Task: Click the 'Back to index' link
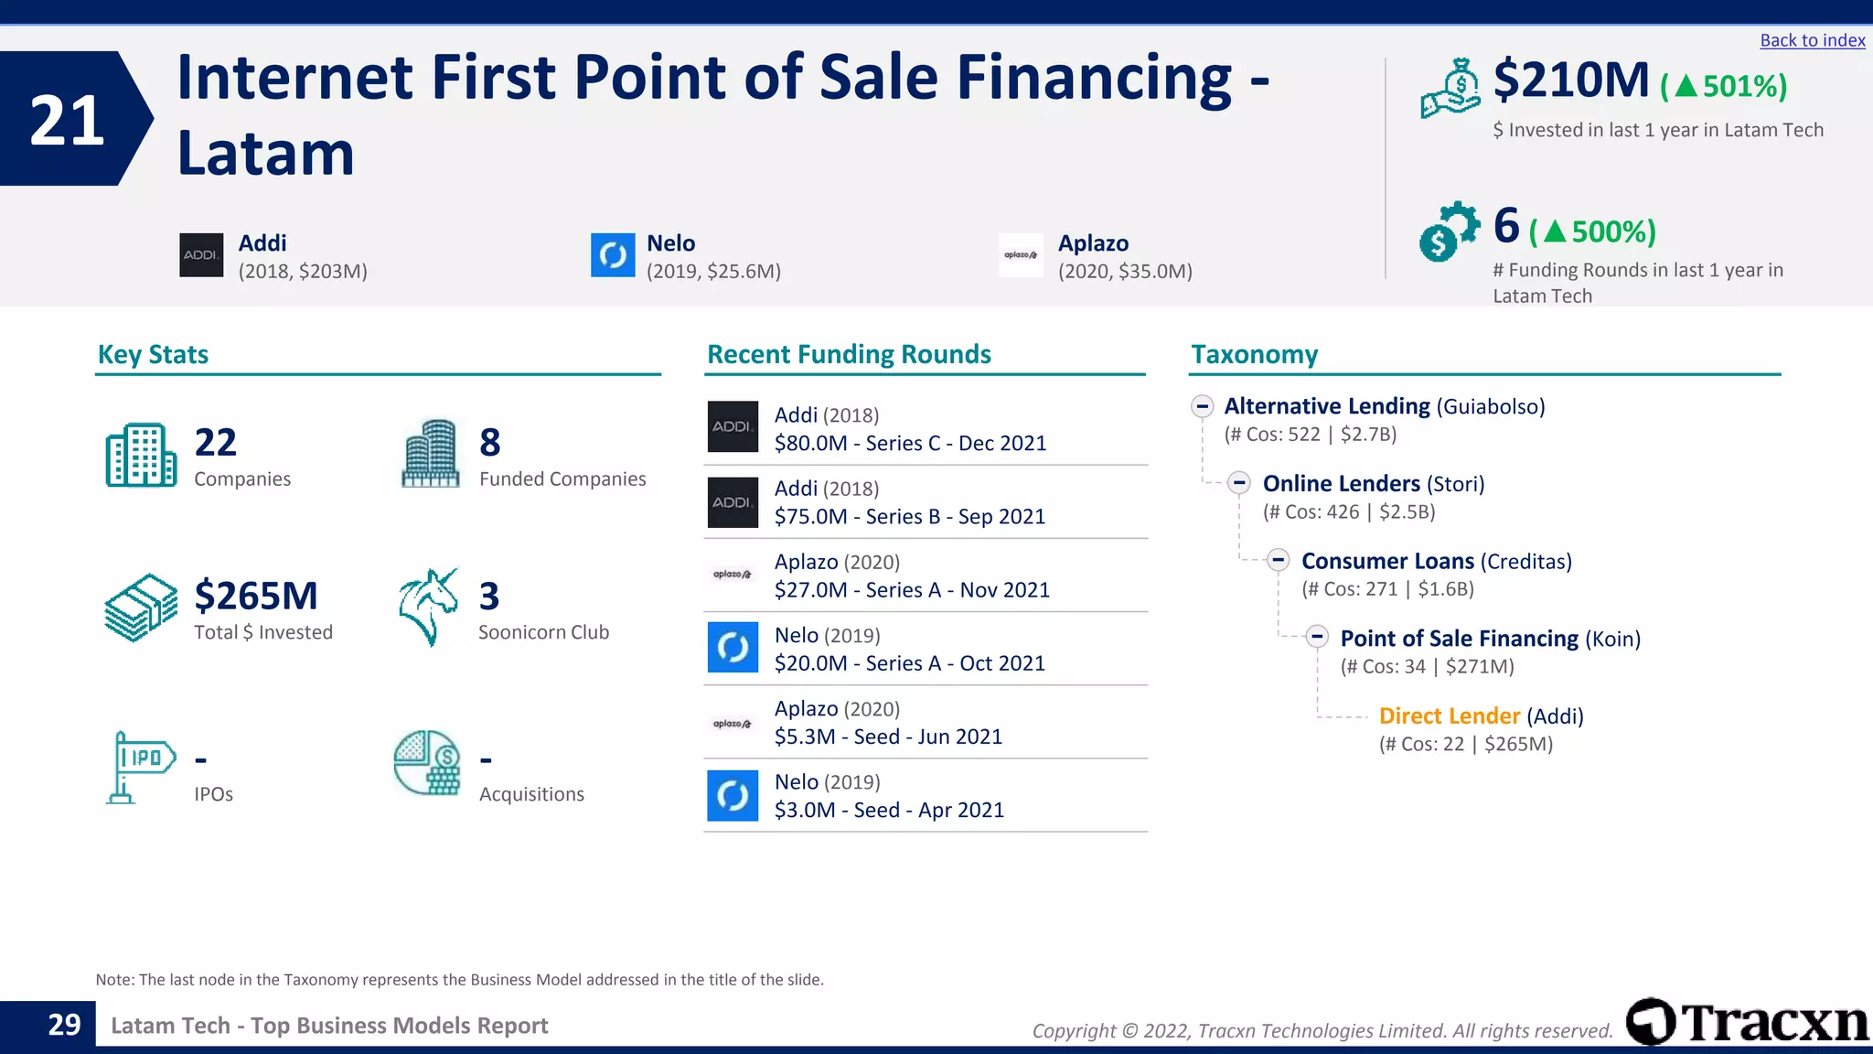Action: (1812, 40)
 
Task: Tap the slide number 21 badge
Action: (68, 120)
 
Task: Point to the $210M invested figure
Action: (1570, 81)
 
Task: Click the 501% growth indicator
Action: (1723, 86)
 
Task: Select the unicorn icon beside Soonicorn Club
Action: (428, 607)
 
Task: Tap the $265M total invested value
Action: (256, 596)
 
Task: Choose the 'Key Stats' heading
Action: (153, 354)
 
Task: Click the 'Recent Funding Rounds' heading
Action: (849, 354)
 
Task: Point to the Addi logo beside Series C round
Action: (733, 426)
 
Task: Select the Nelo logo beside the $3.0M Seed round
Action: (733, 796)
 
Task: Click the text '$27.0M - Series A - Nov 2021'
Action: (912, 590)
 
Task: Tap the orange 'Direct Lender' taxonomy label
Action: (1449, 715)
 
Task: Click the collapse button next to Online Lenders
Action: (1239, 482)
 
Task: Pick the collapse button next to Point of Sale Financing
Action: (1317, 637)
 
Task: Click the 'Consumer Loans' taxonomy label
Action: (1387, 561)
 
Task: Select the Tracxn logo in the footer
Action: (1747, 1022)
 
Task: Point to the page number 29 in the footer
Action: (64, 1025)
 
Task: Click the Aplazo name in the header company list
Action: (1093, 243)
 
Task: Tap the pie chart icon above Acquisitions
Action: (427, 762)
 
